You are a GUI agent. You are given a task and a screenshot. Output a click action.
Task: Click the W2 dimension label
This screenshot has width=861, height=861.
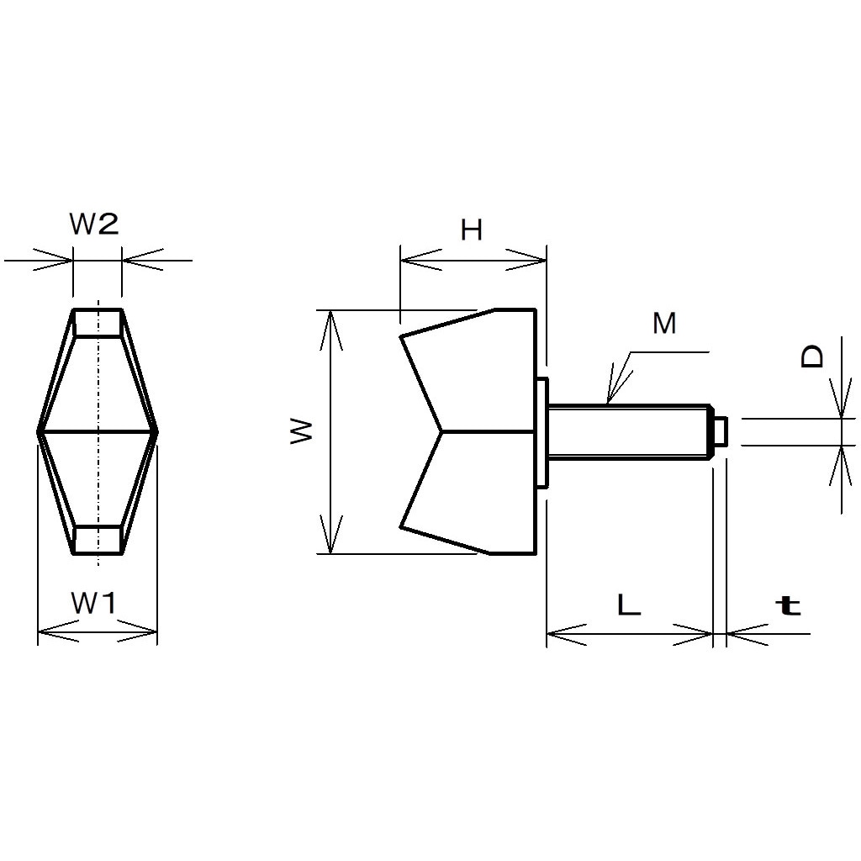[94, 224]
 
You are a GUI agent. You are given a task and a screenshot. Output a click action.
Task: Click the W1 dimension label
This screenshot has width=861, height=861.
[94, 603]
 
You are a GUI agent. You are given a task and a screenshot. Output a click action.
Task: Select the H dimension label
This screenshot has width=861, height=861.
[472, 230]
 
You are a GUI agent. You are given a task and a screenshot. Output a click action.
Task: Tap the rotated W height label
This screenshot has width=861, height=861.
[302, 432]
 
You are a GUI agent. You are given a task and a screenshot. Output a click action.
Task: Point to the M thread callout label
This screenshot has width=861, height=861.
[664, 324]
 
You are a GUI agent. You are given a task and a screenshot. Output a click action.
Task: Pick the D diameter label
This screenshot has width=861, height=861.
[812, 357]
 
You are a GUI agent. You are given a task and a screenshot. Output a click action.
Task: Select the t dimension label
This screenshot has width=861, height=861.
[788, 605]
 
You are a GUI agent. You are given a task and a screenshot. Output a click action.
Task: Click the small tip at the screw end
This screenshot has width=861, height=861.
[720, 431]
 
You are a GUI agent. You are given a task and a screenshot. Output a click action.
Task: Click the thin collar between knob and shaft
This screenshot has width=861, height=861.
[542, 431]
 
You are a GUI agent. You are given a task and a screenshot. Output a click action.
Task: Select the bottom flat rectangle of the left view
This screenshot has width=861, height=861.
[98, 540]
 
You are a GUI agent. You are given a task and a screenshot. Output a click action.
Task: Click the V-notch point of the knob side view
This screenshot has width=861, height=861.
[441, 432]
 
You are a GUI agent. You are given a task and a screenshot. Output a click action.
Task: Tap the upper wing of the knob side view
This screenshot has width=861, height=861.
[479, 370]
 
